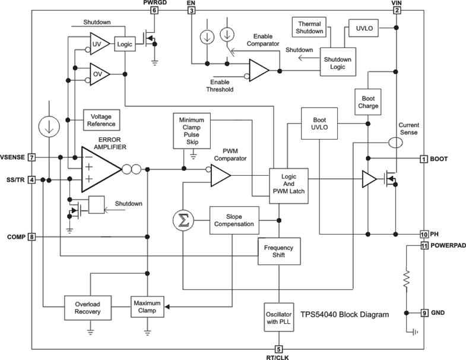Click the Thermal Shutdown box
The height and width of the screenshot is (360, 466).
[x=309, y=27]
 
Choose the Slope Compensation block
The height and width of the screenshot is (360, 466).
[x=234, y=220]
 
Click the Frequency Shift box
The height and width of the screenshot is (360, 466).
[x=278, y=251]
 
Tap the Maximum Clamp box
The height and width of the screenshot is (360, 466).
[x=147, y=307]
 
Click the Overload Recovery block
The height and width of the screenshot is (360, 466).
[x=88, y=307]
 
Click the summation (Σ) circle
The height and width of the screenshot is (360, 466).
[x=183, y=221]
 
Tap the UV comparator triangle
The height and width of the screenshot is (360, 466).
[x=98, y=43]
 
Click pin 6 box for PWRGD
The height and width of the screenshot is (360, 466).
[x=155, y=10]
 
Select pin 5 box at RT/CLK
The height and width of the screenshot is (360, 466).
[x=279, y=349]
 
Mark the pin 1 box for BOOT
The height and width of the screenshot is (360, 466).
[x=424, y=159]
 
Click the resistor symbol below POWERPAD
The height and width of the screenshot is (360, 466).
[x=406, y=279]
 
